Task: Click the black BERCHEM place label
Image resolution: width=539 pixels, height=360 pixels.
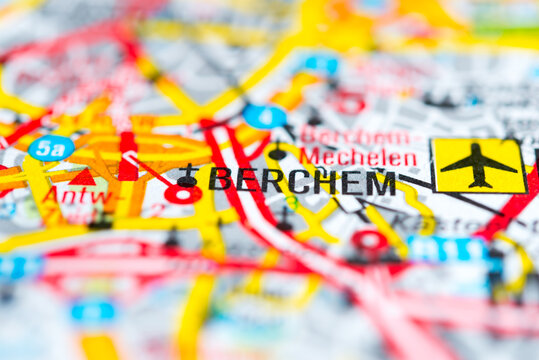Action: click(302, 181)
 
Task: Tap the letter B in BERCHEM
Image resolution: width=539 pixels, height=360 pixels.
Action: click(220, 179)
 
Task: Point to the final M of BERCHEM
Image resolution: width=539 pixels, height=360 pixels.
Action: click(381, 183)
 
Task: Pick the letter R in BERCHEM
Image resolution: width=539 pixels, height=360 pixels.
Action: click(273, 181)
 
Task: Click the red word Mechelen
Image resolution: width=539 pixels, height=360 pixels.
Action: click(358, 157)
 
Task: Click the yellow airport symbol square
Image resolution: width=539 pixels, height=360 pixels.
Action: click(478, 165)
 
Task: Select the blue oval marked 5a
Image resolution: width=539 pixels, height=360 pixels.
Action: click(51, 148)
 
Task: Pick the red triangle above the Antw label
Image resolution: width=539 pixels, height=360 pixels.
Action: click(83, 178)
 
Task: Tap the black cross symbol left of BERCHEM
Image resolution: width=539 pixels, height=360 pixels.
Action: click(188, 174)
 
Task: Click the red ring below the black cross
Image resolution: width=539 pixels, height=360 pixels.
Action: click(182, 194)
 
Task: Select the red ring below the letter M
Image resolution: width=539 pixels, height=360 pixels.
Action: click(370, 240)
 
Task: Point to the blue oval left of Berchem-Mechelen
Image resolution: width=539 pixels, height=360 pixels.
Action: click(265, 116)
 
